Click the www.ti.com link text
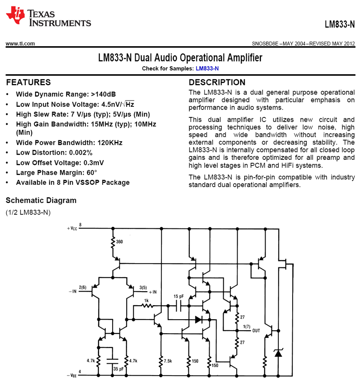pyautogui.click(x=20, y=43)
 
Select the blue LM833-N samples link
pyautogui.click(x=207, y=68)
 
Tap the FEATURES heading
pyautogui.click(x=28, y=82)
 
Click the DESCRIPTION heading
pyautogui.click(x=217, y=82)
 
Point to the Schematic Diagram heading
pyautogui.click(x=41, y=200)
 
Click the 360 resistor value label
pyautogui.click(x=120, y=242)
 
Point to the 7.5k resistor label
pyautogui.click(x=168, y=361)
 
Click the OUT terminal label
pyautogui.click(x=256, y=331)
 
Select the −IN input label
pyautogui.click(x=72, y=291)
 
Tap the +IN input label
pyautogui.click(x=152, y=292)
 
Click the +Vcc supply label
pyautogui.click(x=72, y=228)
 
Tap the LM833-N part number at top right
pyautogui.click(x=339, y=25)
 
